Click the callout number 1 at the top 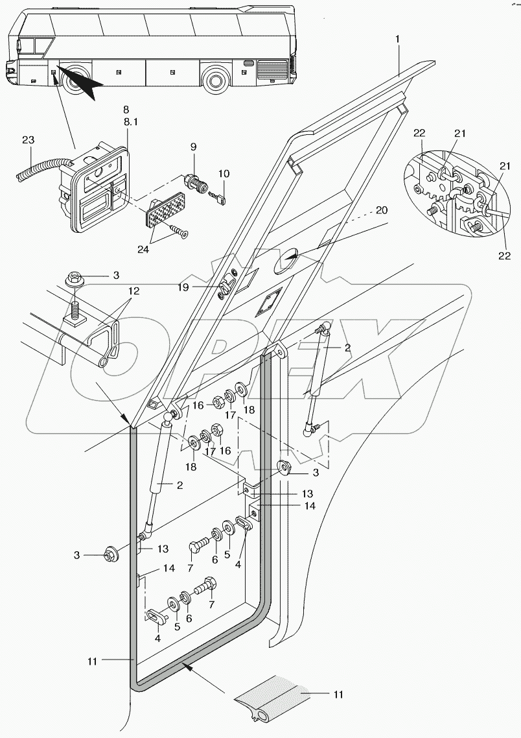tap(397, 40)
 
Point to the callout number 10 tap(223, 174)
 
